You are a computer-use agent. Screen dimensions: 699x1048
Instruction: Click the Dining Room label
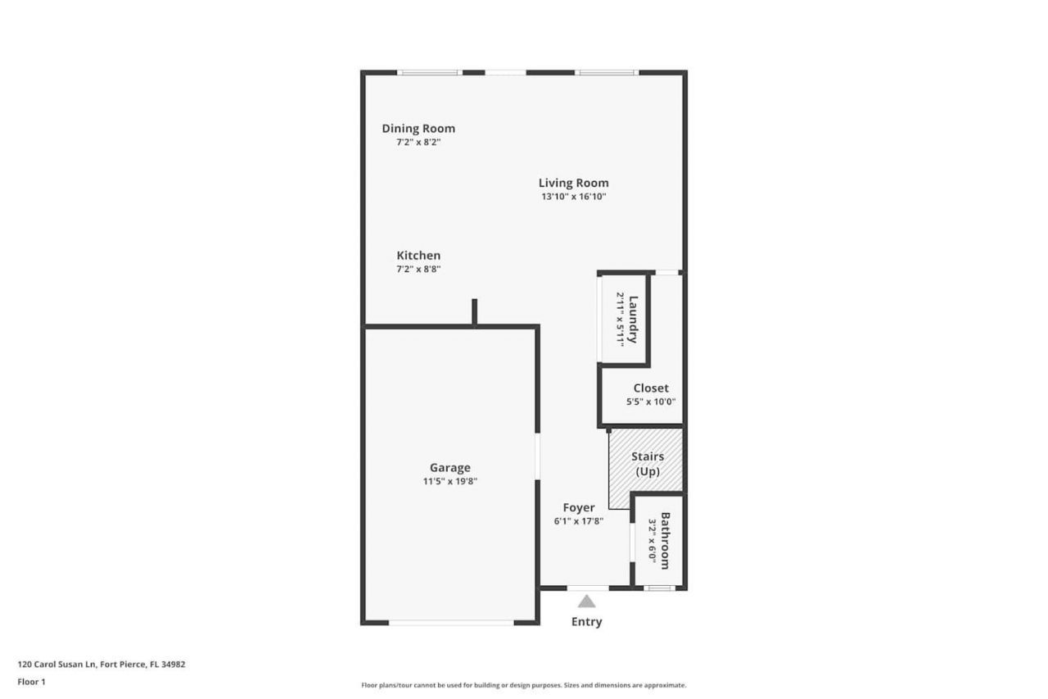[x=418, y=129]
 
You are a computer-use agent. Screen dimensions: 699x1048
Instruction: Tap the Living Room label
[x=573, y=183]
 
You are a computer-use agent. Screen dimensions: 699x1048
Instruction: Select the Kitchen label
[x=418, y=256]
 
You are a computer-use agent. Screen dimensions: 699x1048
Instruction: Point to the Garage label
[x=450, y=468]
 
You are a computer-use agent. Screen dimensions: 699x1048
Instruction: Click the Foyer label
[x=579, y=507]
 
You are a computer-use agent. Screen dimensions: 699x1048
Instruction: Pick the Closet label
[x=651, y=388]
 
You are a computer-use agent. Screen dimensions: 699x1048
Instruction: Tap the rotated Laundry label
[x=633, y=320]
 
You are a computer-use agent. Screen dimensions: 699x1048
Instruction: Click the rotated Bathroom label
[x=665, y=541]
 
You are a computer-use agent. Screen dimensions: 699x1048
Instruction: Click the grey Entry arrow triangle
[x=587, y=601]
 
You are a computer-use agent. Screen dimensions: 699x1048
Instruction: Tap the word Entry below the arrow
[x=587, y=622]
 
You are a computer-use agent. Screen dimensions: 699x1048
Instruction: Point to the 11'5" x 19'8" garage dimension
[x=450, y=482]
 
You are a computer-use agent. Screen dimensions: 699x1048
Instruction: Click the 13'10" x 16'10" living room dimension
[x=573, y=197]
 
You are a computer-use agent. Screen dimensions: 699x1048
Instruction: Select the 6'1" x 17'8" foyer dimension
[x=579, y=521]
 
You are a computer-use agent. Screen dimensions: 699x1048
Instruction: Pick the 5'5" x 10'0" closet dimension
[x=651, y=402]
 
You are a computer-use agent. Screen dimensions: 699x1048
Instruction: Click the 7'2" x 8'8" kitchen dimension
[x=418, y=269]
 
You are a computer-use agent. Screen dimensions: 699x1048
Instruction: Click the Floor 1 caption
[x=31, y=681]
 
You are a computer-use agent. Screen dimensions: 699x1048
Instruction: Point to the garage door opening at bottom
[x=451, y=623]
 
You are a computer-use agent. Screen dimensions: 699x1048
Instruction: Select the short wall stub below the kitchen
[x=474, y=312]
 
